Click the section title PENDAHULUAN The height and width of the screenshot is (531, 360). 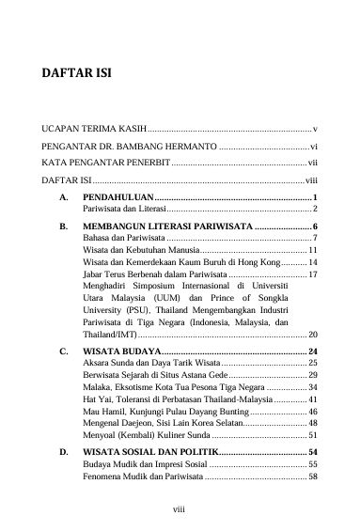click(x=117, y=195)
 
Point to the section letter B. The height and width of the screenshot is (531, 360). click(x=62, y=227)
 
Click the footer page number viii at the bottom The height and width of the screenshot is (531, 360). click(x=180, y=511)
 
